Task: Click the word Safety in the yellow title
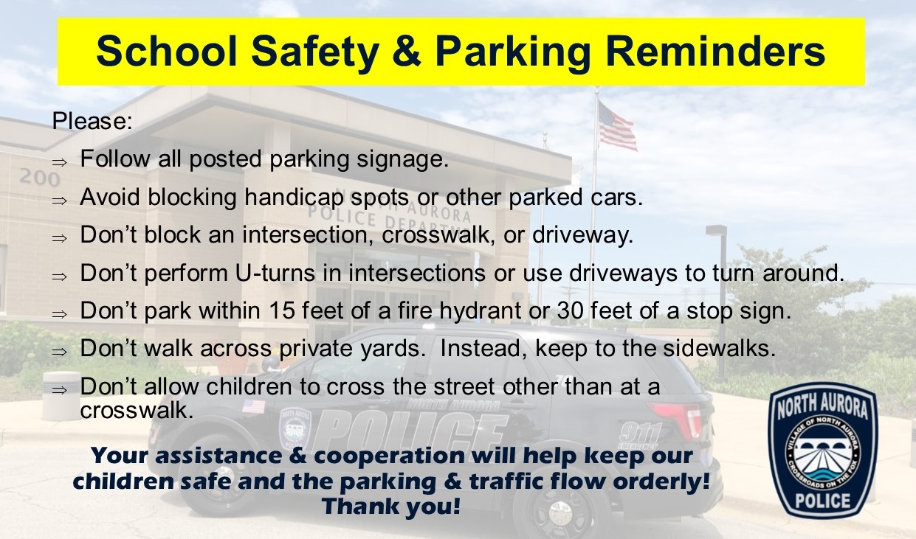click(x=315, y=52)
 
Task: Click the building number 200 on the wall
click(x=40, y=177)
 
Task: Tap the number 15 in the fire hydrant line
click(x=282, y=310)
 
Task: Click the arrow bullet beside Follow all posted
click(x=59, y=163)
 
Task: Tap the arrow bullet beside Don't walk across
click(x=59, y=352)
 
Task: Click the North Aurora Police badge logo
click(x=823, y=451)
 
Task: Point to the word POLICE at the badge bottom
click(x=823, y=501)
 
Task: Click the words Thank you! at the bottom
click(x=391, y=507)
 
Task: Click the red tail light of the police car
click(x=675, y=416)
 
